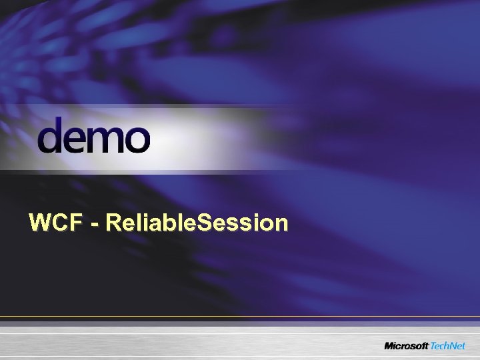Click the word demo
click(94, 136)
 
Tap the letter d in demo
click(51, 136)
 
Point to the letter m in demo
click(106, 140)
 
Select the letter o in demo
click(136, 140)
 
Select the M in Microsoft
click(389, 345)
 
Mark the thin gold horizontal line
click(240, 316)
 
